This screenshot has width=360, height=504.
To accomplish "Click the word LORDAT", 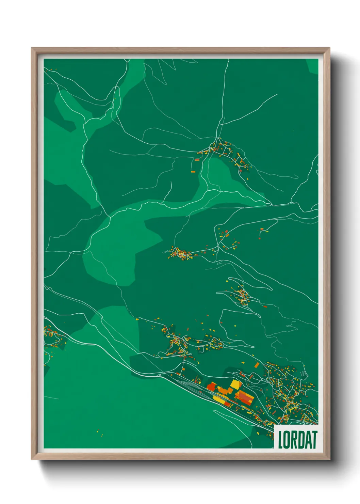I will [297, 439].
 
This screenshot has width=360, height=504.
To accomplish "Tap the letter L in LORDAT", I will [281, 440].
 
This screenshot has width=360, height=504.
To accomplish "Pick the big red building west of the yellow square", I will [211, 386].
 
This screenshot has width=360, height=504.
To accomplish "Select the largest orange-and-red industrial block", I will [245, 397].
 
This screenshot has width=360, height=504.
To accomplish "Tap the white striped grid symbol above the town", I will [304, 374].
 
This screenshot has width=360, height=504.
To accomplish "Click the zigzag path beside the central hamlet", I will [166, 252].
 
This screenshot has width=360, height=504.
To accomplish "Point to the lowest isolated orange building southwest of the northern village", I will [193, 172].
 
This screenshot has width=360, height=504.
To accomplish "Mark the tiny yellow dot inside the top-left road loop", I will [115, 99].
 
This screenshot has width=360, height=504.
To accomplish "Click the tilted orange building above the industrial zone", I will [257, 365].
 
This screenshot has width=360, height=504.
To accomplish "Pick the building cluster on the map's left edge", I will [53, 337].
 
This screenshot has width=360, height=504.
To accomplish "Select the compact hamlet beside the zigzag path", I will [180, 254].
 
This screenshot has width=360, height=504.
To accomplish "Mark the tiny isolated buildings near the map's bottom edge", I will [99, 433].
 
